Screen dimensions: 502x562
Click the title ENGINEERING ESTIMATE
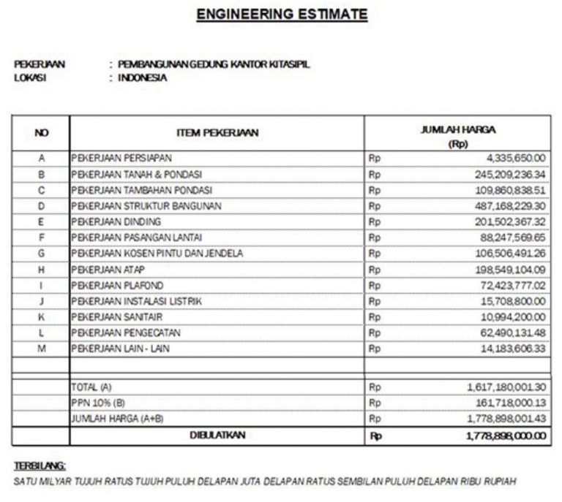pyautogui.click(x=282, y=14)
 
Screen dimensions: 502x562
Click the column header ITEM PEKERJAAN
pyautogui.click(x=217, y=133)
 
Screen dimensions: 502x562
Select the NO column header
pyautogui.click(x=42, y=133)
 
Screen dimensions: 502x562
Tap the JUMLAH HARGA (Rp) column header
pyautogui.click(x=457, y=136)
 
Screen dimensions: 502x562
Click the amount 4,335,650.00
pyautogui.click(x=512, y=158)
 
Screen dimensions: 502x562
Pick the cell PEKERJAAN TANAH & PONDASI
pyautogui.click(x=136, y=174)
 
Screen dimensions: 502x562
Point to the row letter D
pyautogui.click(x=42, y=206)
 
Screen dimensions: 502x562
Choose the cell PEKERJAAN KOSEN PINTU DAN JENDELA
pyautogui.click(x=157, y=254)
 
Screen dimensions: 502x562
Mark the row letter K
pyautogui.click(x=42, y=317)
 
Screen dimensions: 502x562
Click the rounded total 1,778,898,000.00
pyautogui.click(x=506, y=436)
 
